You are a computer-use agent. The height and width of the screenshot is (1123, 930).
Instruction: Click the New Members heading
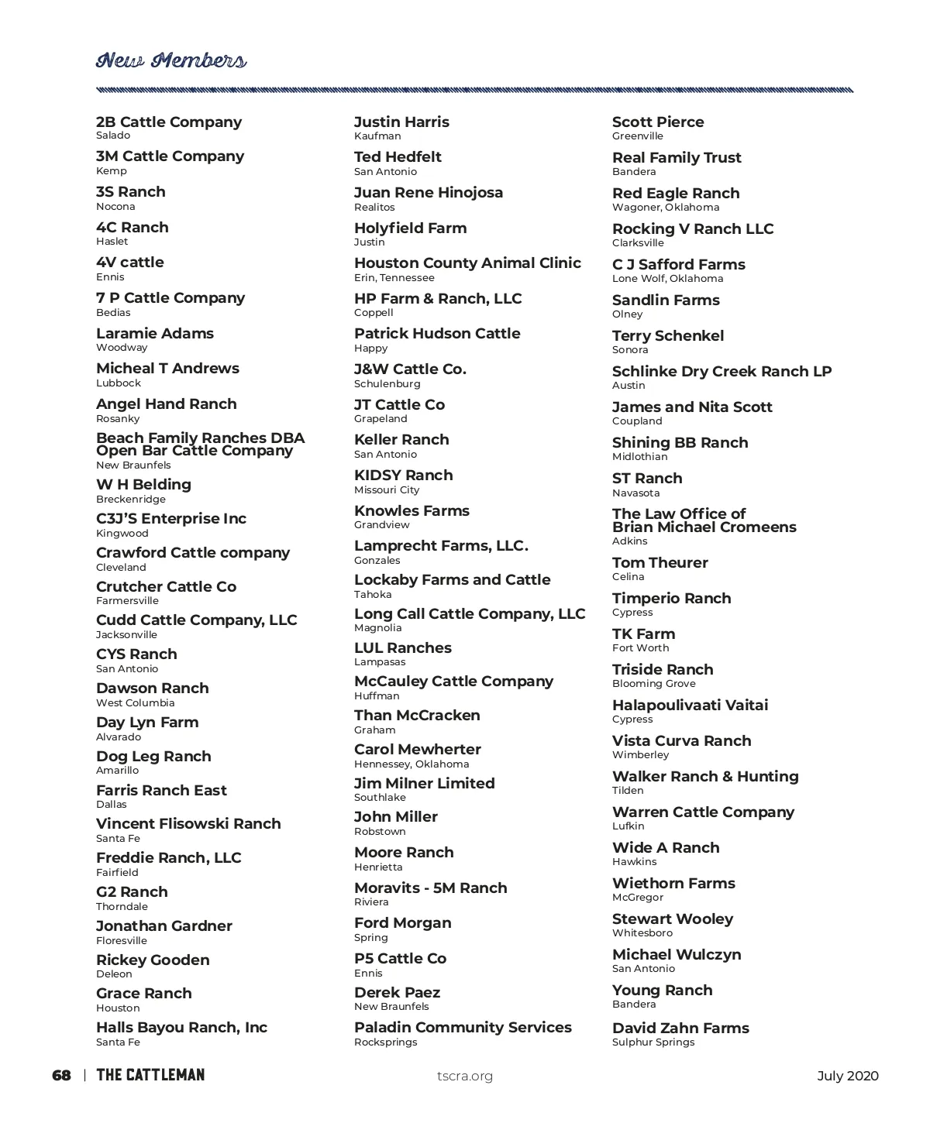click(x=171, y=60)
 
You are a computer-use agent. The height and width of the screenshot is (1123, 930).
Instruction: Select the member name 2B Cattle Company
click(x=169, y=122)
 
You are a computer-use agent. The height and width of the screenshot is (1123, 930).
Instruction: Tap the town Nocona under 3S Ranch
click(x=115, y=207)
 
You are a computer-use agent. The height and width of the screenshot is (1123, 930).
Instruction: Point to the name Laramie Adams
click(x=155, y=333)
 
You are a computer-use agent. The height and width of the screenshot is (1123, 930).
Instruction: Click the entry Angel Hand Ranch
click(x=167, y=404)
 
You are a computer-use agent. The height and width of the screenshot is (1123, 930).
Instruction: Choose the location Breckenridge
click(x=131, y=500)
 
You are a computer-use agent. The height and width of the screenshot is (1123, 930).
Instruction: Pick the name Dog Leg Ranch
click(x=153, y=756)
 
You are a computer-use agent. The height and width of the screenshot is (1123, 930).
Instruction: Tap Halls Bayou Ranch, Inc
click(x=181, y=1027)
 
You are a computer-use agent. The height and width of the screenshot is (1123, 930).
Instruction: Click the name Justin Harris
click(x=401, y=122)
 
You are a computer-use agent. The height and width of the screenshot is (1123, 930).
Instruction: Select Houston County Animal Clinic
click(x=467, y=263)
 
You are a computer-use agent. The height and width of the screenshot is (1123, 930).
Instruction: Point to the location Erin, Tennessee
click(x=394, y=278)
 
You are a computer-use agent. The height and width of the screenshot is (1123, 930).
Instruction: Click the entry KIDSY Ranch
click(x=404, y=475)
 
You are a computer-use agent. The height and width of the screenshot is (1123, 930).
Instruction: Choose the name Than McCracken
click(x=417, y=715)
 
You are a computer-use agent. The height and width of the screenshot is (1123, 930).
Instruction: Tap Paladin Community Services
click(x=463, y=1027)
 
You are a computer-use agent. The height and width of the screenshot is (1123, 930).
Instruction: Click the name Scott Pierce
click(x=658, y=122)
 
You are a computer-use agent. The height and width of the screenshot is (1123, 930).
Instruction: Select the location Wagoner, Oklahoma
click(x=666, y=208)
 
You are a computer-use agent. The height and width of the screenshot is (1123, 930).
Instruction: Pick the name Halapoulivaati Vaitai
click(x=690, y=705)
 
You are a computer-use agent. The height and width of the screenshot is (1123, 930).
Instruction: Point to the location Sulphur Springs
click(x=653, y=1042)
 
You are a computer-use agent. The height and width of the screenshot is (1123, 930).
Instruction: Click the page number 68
click(x=61, y=1075)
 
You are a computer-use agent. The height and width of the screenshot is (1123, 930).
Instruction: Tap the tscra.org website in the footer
click(x=465, y=1076)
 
